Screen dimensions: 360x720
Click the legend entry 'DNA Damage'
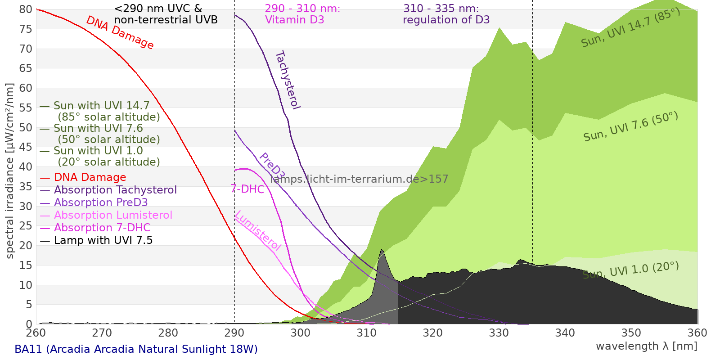click(x=90, y=177)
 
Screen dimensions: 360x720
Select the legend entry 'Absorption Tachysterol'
click(x=115, y=190)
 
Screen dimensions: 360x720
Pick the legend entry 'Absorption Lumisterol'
click(x=113, y=215)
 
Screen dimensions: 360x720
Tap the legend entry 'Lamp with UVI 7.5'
click(x=103, y=240)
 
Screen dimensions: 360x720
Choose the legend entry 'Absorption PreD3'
click(x=101, y=202)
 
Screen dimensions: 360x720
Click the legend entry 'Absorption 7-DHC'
click(x=102, y=228)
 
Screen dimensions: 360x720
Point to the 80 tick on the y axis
click(x=26, y=9)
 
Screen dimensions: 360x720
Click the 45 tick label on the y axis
click(x=26, y=147)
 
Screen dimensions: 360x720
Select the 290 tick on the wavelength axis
click(x=234, y=333)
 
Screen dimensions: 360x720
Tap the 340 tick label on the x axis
click(x=565, y=333)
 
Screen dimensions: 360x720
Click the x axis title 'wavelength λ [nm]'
click(x=646, y=346)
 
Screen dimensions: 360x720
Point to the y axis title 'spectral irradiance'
click(x=10, y=171)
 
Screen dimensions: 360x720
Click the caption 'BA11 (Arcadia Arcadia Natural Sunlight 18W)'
click(x=136, y=349)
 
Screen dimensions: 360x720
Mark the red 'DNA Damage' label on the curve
click(x=120, y=32)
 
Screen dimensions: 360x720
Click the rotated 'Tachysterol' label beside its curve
click(x=288, y=80)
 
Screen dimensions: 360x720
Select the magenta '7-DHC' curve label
click(x=247, y=189)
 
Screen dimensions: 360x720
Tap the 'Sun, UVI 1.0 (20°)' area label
click(x=630, y=270)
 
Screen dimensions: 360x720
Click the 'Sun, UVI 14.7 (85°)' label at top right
click(x=630, y=27)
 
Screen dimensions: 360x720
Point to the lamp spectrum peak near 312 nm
click(x=382, y=250)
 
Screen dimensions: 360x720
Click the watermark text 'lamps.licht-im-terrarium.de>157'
click(x=359, y=179)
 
